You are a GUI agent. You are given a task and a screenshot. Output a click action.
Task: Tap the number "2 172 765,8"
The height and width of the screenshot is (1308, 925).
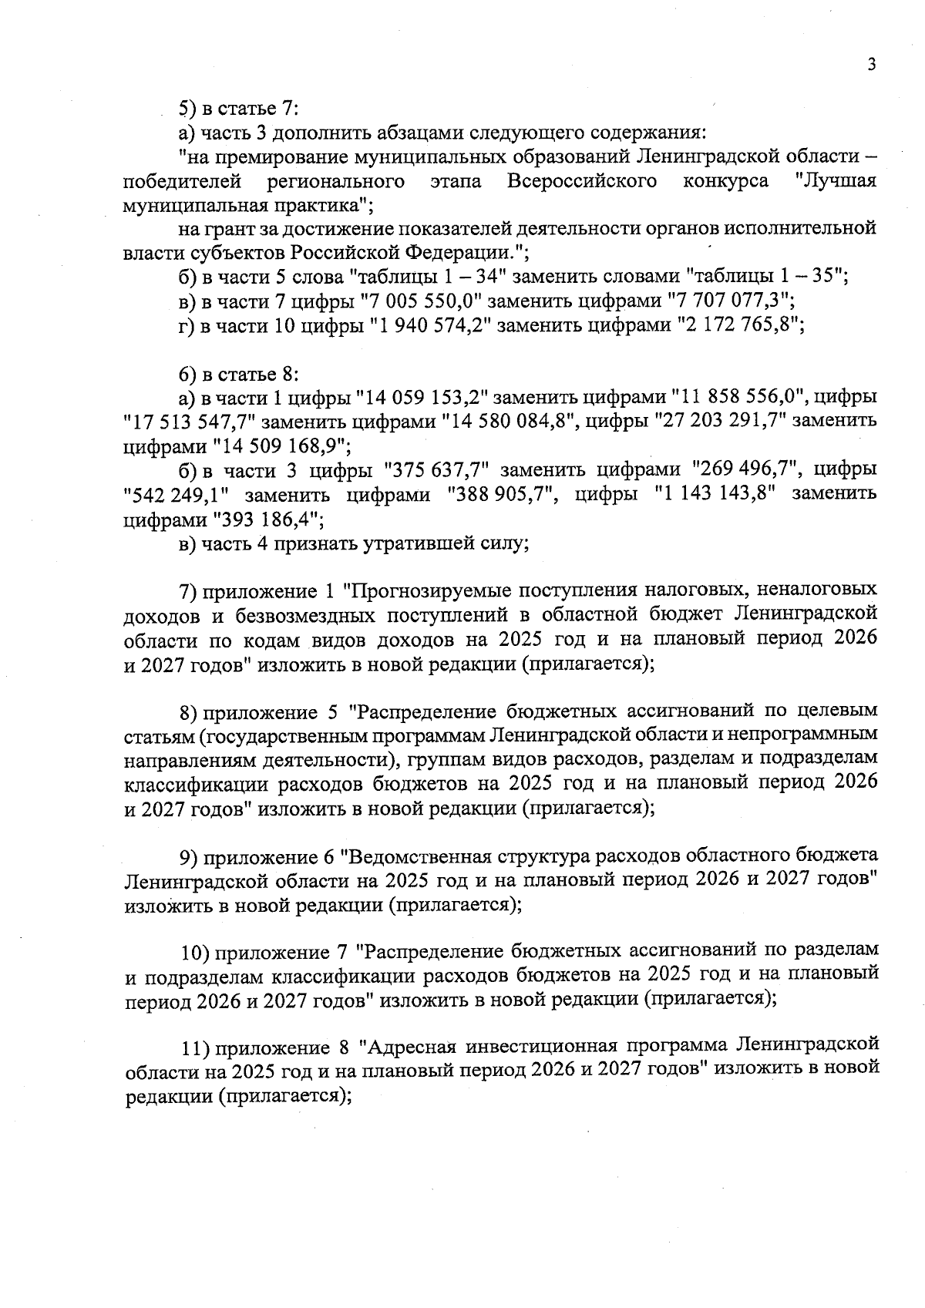[x=741, y=325]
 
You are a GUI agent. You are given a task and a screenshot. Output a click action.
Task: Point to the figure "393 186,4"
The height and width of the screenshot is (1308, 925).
[x=263, y=519]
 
